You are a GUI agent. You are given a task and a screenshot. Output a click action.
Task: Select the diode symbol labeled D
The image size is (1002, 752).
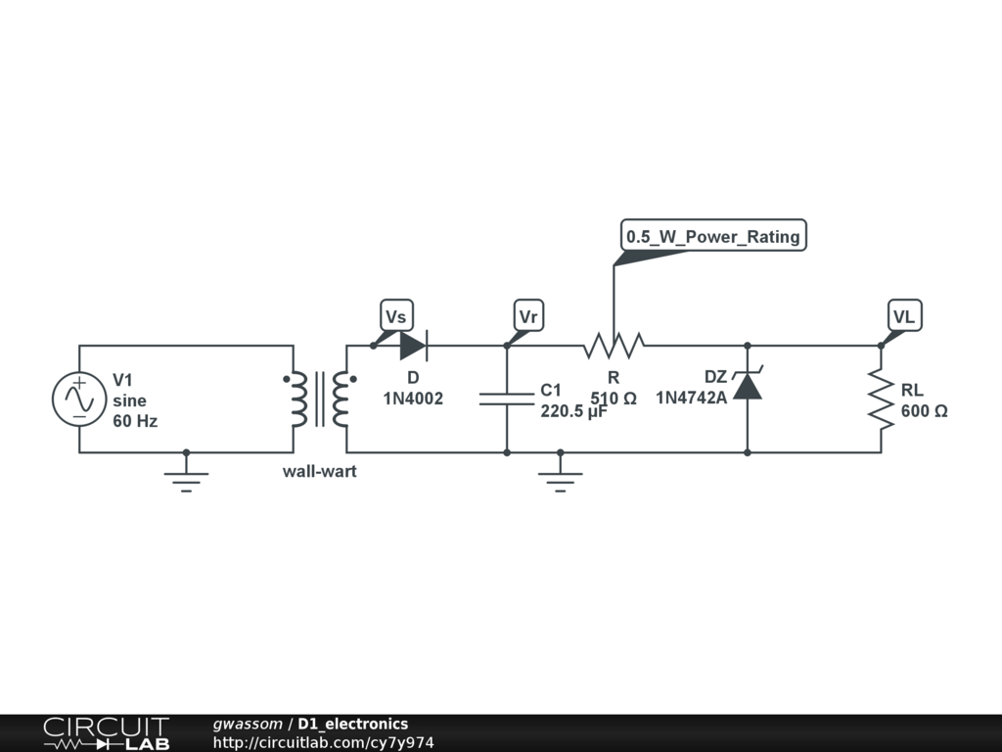pyautogui.click(x=413, y=346)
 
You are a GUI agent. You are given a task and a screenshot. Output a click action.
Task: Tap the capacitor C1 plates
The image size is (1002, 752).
pyautogui.click(x=507, y=399)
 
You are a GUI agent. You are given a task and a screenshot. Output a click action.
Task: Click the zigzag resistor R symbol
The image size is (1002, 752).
pyautogui.click(x=614, y=346)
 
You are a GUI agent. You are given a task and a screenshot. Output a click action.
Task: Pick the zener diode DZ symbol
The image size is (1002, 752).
pyautogui.click(x=748, y=385)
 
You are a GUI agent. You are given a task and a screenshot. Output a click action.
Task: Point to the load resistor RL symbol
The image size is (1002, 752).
pyautogui.click(x=881, y=399)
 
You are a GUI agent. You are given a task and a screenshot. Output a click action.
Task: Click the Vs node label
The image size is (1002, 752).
pyautogui.click(x=395, y=316)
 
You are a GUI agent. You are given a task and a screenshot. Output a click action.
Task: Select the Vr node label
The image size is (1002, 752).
pyautogui.click(x=528, y=316)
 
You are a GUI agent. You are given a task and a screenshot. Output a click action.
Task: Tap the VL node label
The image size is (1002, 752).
pyautogui.click(x=903, y=316)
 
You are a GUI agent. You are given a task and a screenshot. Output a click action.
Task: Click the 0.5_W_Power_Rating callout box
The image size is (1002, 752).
pyautogui.click(x=713, y=236)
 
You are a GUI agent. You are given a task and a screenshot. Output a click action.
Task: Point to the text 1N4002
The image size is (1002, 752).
pyautogui.click(x=413, y=399)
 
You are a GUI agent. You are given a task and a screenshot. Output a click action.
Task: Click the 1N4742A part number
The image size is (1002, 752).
pyautogui.click(x=691, y=398)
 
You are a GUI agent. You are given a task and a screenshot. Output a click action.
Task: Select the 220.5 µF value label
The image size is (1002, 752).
pyautogui.click(x=574, y=411)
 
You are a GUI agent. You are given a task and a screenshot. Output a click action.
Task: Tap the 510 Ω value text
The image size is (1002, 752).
pyautogui.click(x=614, y=399)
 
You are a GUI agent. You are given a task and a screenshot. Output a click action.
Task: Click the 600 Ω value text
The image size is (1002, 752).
pyautogui.click(x=924, y=411)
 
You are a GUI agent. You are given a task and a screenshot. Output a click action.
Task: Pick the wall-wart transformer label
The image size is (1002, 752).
pyautogui.click(x=320, y=471)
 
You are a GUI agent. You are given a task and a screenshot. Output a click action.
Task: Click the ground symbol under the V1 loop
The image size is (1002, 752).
pyautogui.click(x=186, y=479)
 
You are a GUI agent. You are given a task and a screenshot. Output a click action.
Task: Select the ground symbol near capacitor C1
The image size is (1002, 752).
pyautogui.click(x=560, y=479)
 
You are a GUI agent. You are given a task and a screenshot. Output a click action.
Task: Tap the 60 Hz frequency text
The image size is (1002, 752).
pyautogui.click(x=135, y=421)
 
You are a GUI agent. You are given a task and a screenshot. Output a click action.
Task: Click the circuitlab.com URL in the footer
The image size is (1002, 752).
pyautogui.click(x=323, y=743)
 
